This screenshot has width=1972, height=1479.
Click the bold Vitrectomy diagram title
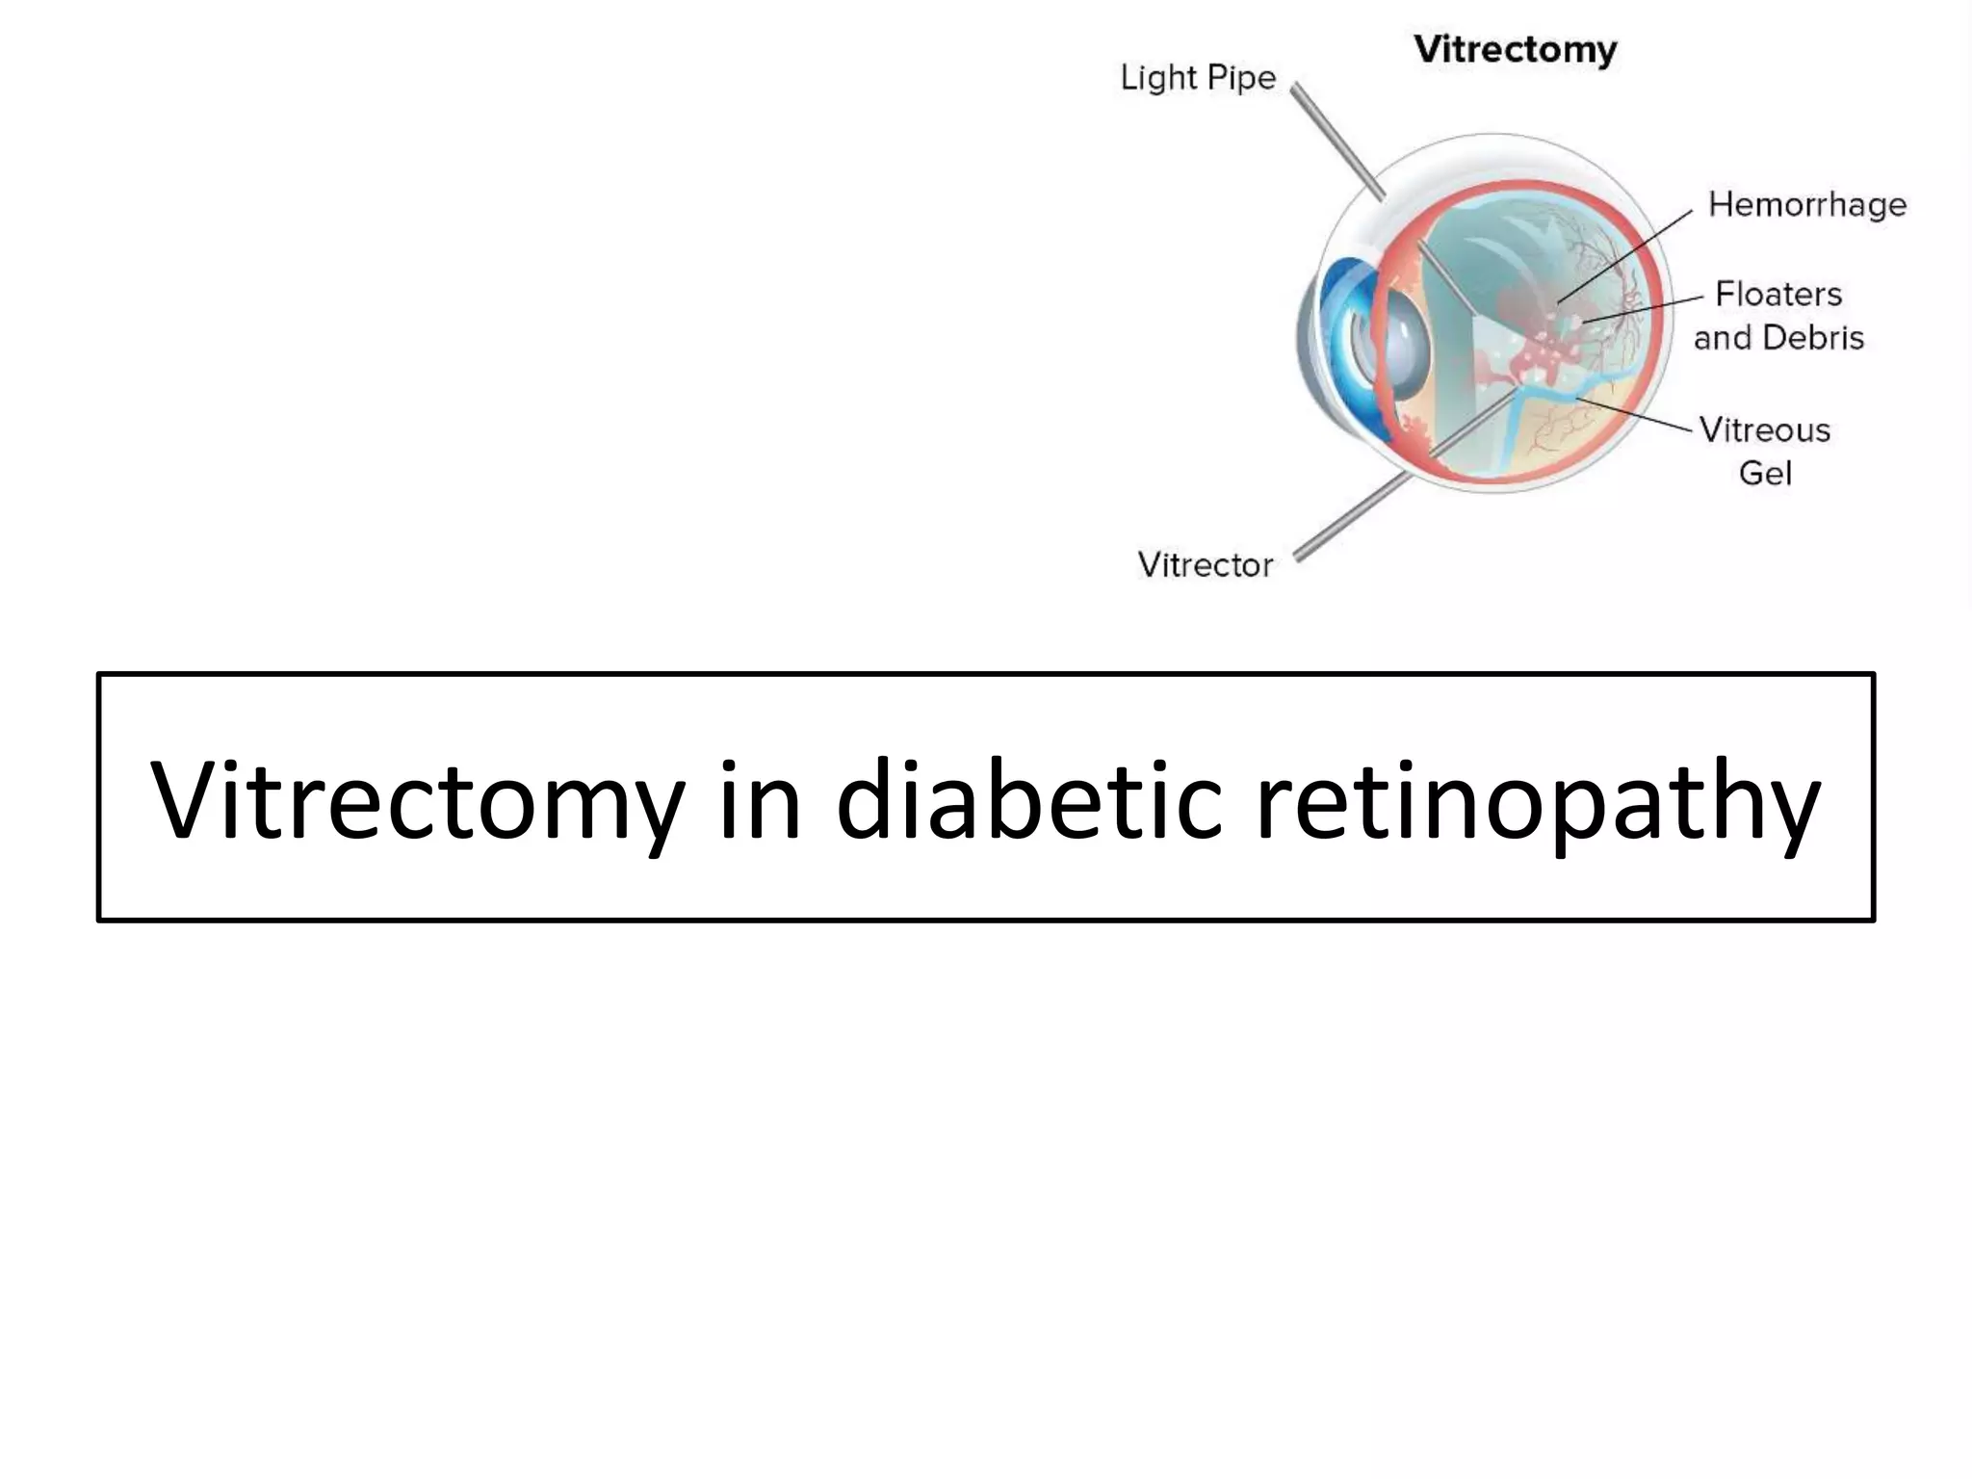click(x=1516, y=50)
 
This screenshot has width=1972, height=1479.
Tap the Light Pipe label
click(x=1198, y=78)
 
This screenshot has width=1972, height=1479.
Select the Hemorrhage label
click(x=1806, y=205)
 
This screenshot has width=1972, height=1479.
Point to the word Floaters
click(x=1778, y=294)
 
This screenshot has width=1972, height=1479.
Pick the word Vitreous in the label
click(x=1764, y=429)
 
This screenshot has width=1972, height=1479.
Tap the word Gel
click(x=1765, y=474)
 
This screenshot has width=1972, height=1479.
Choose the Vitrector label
click(x=1205, y=564)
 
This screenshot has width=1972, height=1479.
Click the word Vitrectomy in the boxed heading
click(x=418, y=800)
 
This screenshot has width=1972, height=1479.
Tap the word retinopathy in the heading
click(x=1538, y=800)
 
